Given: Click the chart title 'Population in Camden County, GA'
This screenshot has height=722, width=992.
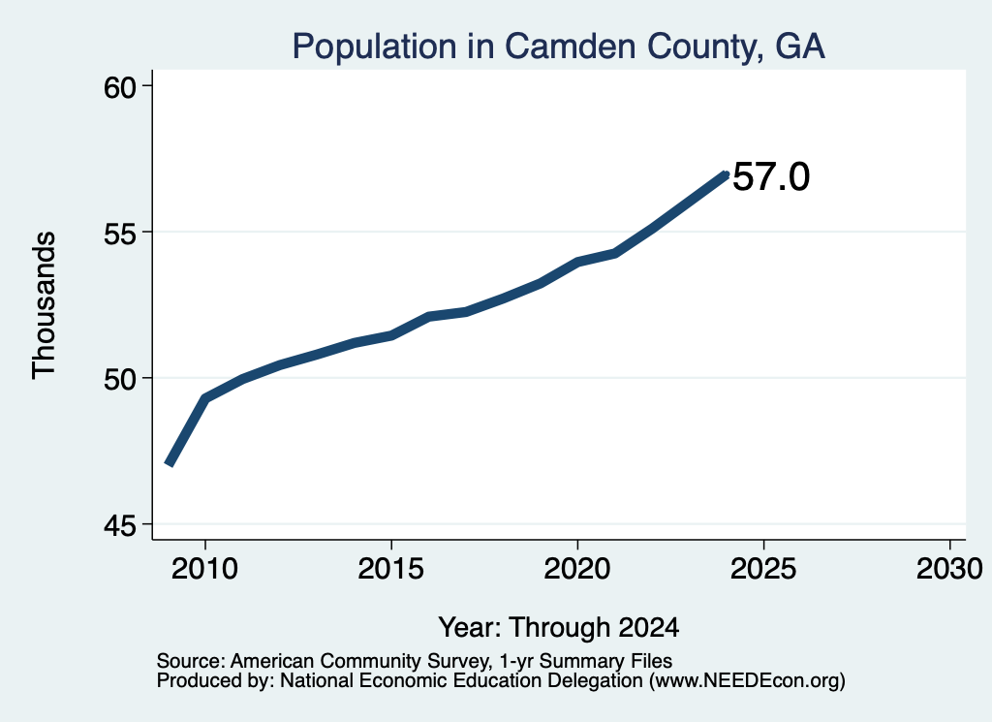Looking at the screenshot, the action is click(x=559, y=47).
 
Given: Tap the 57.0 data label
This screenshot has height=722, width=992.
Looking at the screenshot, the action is click(x=770, y=176).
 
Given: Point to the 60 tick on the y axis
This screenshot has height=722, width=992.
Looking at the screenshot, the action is click(x=120, y=87).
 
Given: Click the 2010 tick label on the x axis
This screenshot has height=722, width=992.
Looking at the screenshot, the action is click(x=204, y=569).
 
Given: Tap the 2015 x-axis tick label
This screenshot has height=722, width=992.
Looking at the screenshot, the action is click(x=390, y=569).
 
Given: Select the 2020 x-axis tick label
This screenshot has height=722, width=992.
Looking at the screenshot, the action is click(x=577, y=569).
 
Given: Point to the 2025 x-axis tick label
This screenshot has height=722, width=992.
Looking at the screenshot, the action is click(x=763, y=569).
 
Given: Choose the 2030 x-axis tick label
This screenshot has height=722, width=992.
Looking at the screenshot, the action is click(x=949, y=569).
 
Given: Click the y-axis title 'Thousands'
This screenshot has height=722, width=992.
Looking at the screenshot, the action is click(x=45, y=305).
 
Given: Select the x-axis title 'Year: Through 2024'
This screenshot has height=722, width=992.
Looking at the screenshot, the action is click(x=559, y=628).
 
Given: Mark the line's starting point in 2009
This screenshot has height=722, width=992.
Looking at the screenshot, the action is click(x=169, y=464).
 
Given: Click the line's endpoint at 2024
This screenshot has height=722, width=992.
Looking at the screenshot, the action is click(x=727, y=174).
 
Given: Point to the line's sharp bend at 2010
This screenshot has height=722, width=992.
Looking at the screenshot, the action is click(x=205, y=398).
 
